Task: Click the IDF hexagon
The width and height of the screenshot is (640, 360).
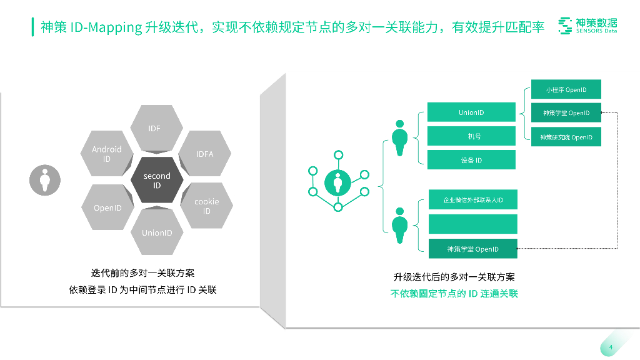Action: pos(154,128)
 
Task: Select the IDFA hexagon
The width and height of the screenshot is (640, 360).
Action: pos(205,154)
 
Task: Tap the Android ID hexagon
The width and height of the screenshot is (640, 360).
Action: pos(107,154)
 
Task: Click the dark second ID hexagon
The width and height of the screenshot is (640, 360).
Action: pos(157,181)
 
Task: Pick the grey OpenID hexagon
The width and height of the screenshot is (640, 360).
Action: pos(107,207)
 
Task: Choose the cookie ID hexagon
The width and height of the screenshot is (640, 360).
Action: pos(206,206)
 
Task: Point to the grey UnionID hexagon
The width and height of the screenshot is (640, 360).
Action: pos(157,232)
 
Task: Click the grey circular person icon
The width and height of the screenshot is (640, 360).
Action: pos(45,180)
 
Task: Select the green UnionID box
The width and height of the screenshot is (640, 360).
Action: pos(471,112)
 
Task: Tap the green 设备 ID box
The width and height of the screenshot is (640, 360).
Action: pos(471,160)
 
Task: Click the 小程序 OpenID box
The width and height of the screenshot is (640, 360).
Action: pos(566,89)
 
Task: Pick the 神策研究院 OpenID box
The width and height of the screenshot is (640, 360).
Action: pos(566,137)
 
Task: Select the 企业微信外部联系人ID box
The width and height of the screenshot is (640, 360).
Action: pos(473,200)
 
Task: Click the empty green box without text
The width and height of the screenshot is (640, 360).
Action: pos(473,224)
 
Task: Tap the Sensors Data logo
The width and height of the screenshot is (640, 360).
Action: pos(587,26)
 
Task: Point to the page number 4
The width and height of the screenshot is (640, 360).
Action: pos(610,348)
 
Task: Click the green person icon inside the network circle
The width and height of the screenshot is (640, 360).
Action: pos(338,183)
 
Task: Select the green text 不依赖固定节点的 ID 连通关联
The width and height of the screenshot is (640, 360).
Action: pos(454,293)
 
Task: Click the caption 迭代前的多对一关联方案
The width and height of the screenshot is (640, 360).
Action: pos(142,273)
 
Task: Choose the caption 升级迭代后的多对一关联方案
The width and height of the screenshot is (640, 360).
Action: pos(454,277)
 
